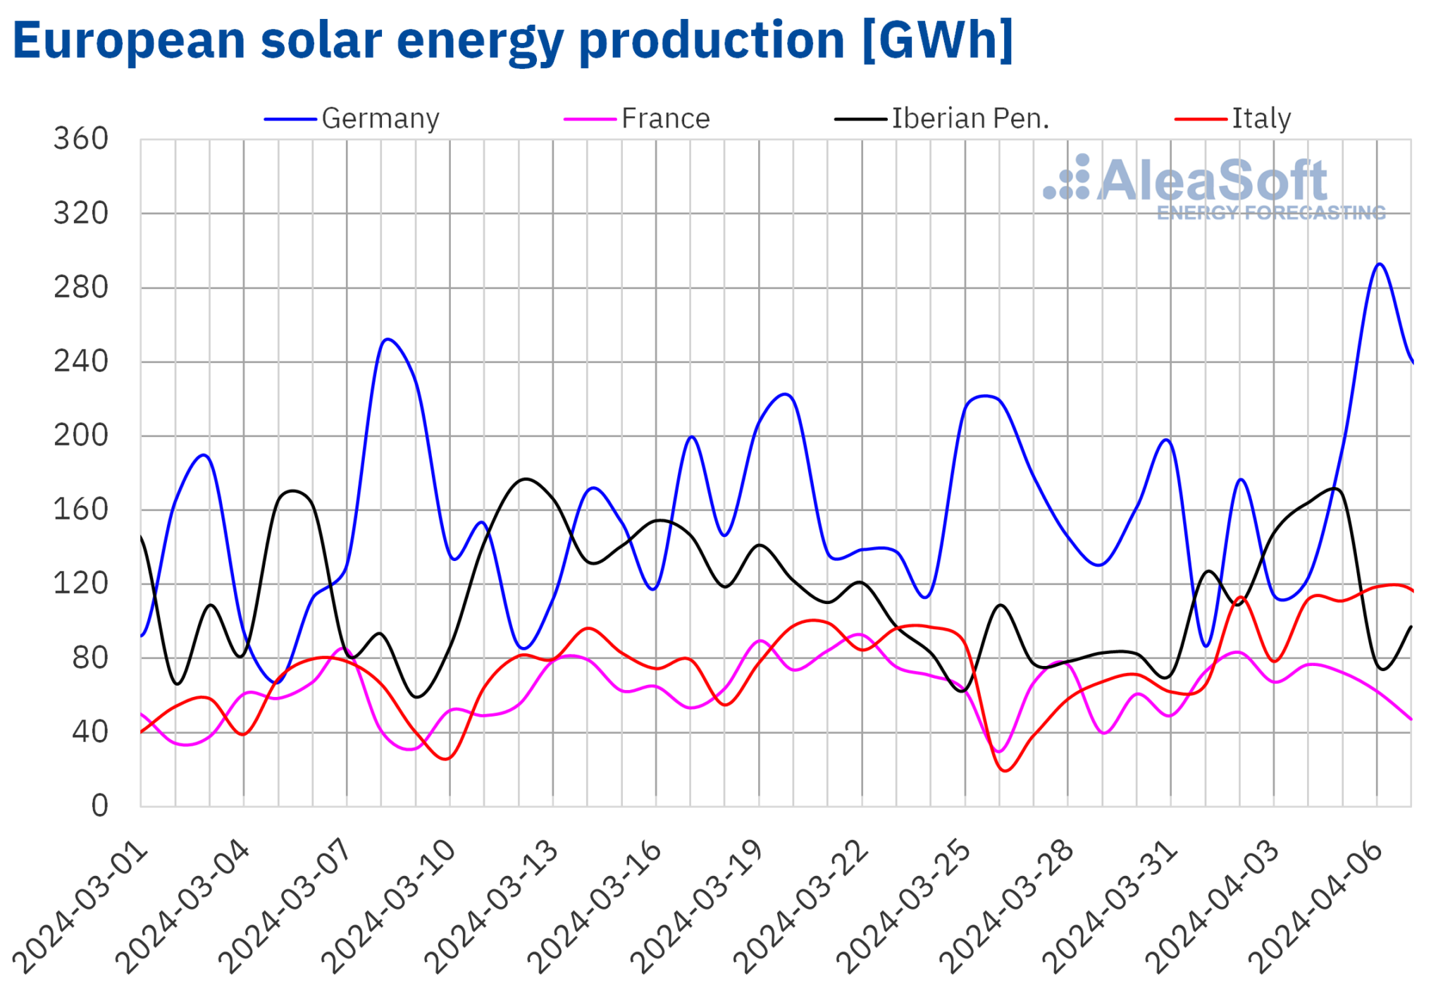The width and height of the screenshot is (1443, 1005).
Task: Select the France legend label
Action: coord(664,118)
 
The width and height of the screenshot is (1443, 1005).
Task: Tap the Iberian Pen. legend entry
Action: coord(970,118)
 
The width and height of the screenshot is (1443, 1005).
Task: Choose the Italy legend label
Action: coord(1261,118)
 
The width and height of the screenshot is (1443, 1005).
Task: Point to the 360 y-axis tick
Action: coord(81,139)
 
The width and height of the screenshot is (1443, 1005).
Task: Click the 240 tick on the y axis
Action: coord(81,362)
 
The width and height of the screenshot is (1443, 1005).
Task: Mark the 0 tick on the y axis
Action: coord(99,806)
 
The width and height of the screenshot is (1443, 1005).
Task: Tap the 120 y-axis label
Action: coord(81,584)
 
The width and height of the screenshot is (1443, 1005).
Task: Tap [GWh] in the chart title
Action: coord(936,40)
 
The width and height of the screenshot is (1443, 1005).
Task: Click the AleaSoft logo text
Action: coord(1211,180)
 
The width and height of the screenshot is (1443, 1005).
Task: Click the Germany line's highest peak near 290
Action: coord(1379,264)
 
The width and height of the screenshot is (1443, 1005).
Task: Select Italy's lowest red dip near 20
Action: coord(1005,770)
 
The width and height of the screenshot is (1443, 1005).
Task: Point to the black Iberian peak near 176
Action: coord(526,479)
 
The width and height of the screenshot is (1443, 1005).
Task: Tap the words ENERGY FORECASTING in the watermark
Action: coord(1270,213)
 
